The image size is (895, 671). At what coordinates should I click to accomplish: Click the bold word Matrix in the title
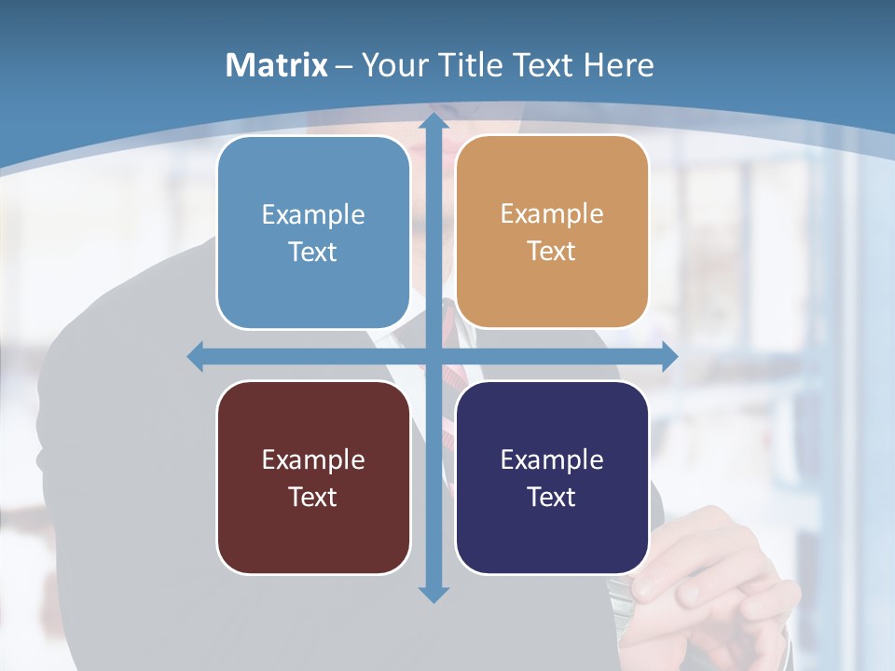(277, 65)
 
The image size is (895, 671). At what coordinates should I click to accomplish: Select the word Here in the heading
(618, 65)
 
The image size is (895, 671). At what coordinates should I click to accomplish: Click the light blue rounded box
(313, 232)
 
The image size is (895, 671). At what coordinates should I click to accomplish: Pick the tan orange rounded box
(552, 232)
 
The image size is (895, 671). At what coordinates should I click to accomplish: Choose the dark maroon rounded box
(313, 477)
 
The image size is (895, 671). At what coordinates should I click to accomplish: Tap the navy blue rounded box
(552, 477)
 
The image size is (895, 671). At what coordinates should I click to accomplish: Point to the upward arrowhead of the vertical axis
(434, 121)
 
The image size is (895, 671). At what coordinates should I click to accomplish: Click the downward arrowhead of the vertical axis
(434, 595)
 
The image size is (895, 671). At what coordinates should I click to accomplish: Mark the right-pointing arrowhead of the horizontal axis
(669, 356)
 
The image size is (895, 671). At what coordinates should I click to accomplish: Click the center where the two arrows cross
(434, 356)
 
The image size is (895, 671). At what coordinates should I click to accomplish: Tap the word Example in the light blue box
(313, 215)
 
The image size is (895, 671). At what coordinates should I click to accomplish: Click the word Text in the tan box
(551, 252)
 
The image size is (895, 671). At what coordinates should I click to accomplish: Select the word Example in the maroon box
(313, 460)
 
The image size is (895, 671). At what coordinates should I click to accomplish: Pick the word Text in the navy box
(551, 497)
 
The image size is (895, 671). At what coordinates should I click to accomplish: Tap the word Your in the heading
(392, 65)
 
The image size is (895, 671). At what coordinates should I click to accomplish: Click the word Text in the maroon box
(312, 497)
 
